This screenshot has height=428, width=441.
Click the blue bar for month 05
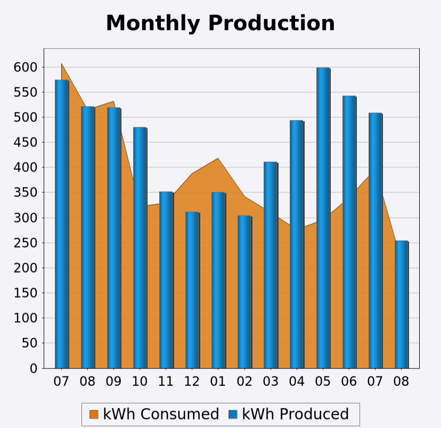(x=323, y=218)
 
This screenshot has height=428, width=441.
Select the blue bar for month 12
(x=192, y=290)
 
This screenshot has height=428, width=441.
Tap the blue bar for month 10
(x=140, y=248)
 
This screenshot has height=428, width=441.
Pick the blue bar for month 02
(x=244, y=292)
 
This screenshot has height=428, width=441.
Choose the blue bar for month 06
(x=349, y=232)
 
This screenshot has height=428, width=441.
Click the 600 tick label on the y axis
(x=26, y=67)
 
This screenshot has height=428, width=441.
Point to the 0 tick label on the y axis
(x=34, y=368)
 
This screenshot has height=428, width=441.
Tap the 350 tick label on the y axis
(x=26, y=193)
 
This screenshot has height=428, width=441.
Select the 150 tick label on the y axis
(x=26, y=293)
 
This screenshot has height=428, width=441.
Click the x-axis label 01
(x=218, y=381)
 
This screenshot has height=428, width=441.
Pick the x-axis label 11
(x=166, y=381)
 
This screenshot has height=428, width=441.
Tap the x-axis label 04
(x=297, y=381)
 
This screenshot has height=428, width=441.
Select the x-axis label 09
(x=114, y=381)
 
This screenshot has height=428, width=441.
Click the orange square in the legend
(x=94, y=415)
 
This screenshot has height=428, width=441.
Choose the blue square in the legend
(x=233, y=415)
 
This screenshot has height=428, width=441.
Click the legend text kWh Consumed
(x=161, y=414)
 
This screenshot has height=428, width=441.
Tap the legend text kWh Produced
(x=296, y=414)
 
